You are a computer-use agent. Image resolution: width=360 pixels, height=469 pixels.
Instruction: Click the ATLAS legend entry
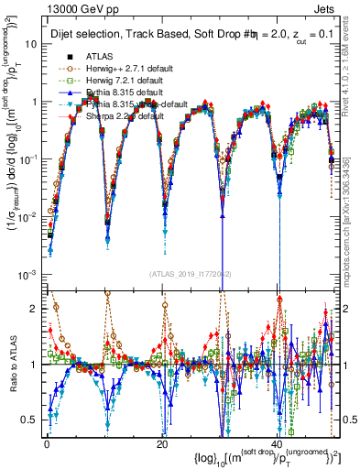[100, 56]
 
